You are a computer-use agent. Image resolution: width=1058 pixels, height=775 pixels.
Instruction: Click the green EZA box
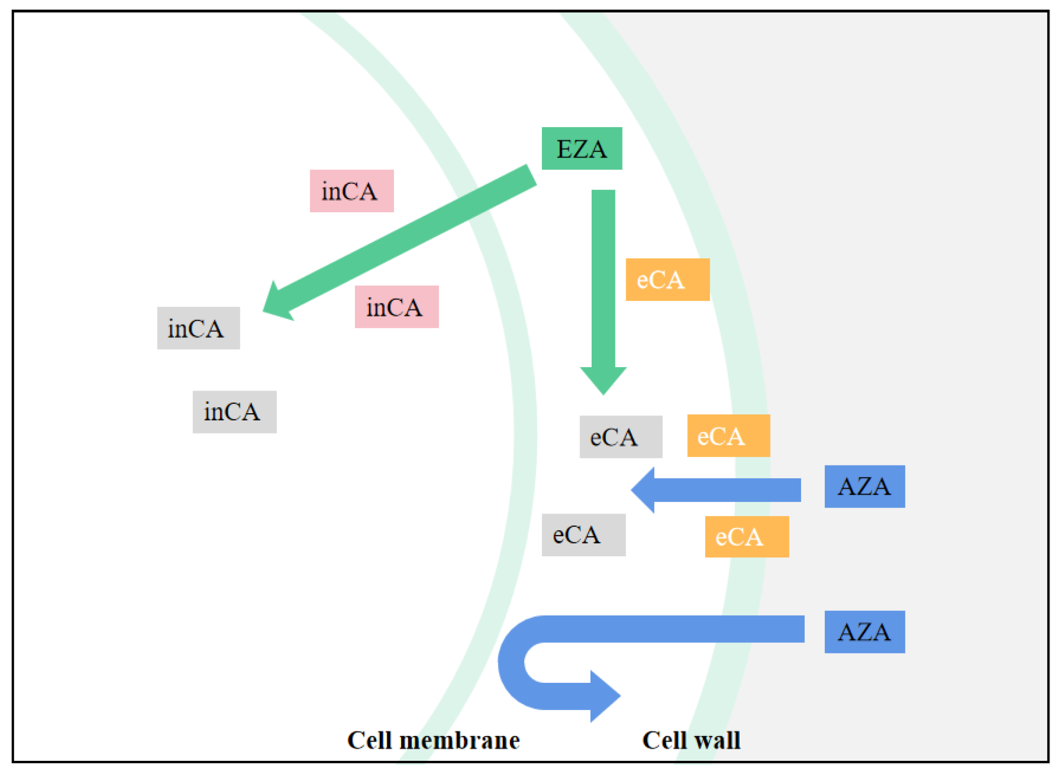coord(581,148)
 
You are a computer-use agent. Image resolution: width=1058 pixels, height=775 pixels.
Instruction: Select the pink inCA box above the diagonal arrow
coord(351,191)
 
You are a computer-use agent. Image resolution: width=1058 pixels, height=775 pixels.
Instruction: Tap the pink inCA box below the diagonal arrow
coord(396,307)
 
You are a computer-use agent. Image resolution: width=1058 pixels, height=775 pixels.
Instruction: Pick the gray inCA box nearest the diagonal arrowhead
coord(198,328)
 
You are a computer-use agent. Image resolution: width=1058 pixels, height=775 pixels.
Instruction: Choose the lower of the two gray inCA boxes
coord(234,412)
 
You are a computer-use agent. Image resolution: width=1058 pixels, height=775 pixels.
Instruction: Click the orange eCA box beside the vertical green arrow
coord(667,280)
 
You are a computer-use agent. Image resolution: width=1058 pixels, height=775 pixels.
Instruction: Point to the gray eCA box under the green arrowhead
coord(621,437)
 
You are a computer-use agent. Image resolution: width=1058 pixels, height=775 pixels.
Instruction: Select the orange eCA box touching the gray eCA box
coord(728,436)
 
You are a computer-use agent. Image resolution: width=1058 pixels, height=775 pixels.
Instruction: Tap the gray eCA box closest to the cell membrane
coord(583,535)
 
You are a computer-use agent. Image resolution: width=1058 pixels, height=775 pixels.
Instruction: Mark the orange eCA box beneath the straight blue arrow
coord(746,537)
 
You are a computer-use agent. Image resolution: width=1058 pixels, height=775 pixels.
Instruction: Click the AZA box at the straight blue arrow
coord(864,486)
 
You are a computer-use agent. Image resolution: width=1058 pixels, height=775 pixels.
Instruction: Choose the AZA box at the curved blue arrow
coord(864,632)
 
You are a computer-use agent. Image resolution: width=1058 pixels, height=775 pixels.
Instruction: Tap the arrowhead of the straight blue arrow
coord(644,490)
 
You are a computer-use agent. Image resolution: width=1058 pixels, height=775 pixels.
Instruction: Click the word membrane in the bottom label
coord(459,741)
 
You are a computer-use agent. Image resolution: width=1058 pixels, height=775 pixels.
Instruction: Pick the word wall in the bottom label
coord(717,741)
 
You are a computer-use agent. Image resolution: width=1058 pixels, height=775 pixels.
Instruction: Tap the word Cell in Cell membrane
coord(370,741)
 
